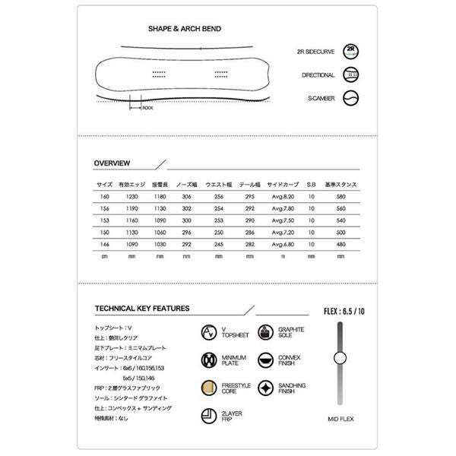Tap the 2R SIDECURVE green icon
click(350, 52)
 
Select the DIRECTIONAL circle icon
click(350, 75)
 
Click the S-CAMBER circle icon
click(350, 98)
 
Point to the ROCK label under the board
click(147, 108)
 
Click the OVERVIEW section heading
click(112, 163)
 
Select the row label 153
click(104, 220)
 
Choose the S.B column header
click(311, 185)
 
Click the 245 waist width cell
click(219, 244)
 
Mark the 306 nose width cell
click(188, 196)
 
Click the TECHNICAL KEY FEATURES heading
click(142, 309)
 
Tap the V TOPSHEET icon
click(209, 333)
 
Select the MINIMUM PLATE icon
click(209, 360)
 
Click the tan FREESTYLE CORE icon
click(209, 388)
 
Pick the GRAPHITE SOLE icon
click(265, 333)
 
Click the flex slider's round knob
click(340, 359)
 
